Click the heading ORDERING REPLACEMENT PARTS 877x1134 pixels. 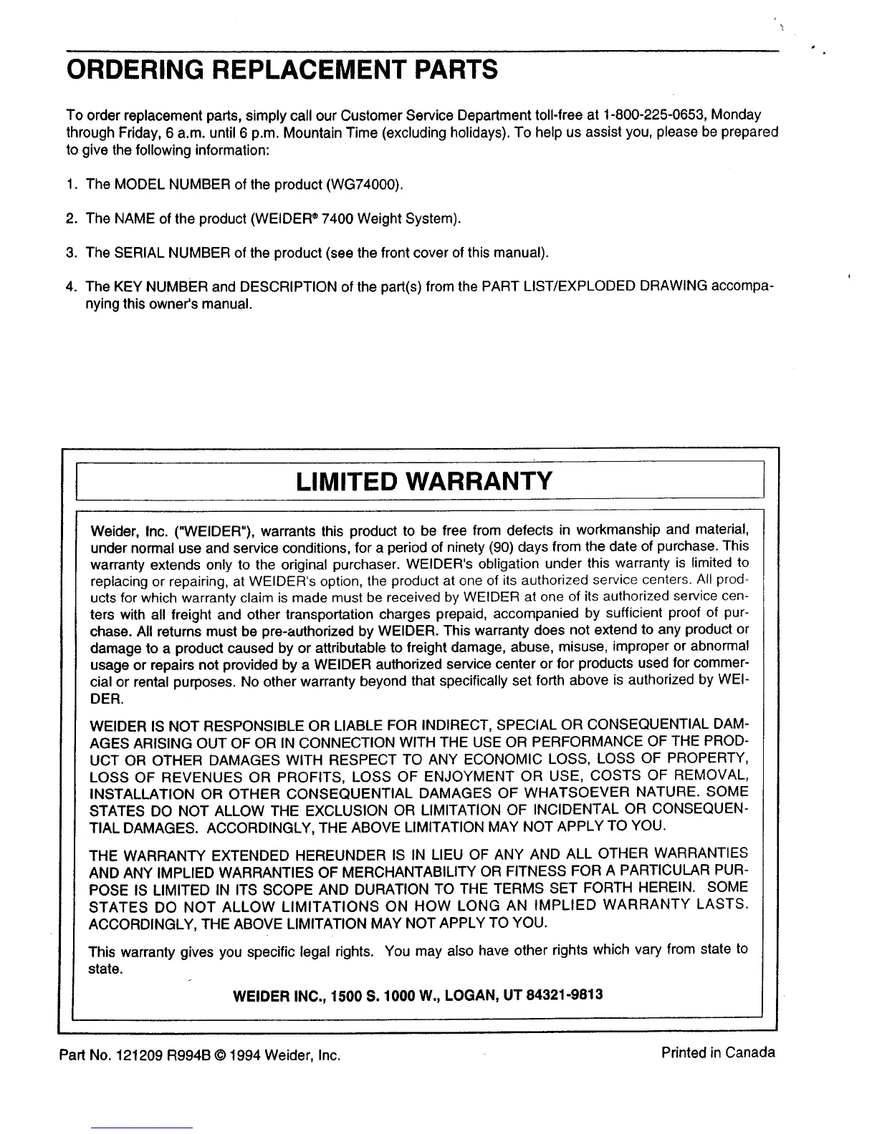tap(282, 71)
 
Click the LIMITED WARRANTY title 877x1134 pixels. tap(423, 480)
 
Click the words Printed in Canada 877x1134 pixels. tap(718, 1052)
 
